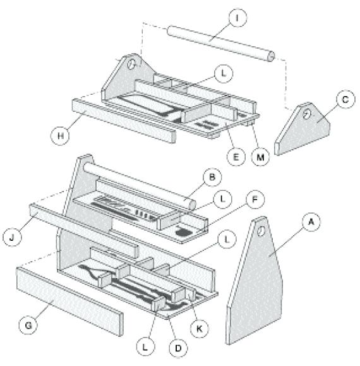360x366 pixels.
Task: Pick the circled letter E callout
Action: [236, 156]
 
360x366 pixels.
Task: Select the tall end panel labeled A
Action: [256, 284]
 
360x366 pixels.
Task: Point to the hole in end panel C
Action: [306, 114]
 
